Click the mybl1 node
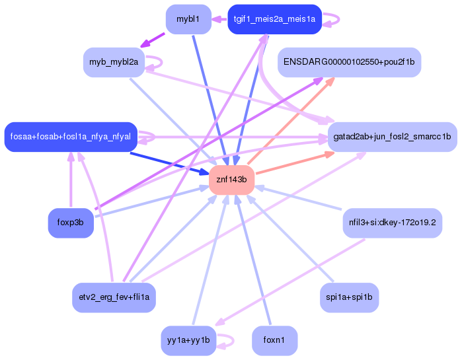tap(188, 19)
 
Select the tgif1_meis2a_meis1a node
tap(274, 19)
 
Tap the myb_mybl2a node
tap(114, 62)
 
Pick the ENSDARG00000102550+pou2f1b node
tap(350, 62)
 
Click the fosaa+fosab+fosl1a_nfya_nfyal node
tap(71, 137)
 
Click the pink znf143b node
tap(232, 180)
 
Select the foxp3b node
tap(71, 223)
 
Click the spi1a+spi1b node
tap(349, 297)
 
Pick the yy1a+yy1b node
tap(188, 340)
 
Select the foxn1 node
tap(274, 340)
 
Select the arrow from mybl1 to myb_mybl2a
tap(153, 40)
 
